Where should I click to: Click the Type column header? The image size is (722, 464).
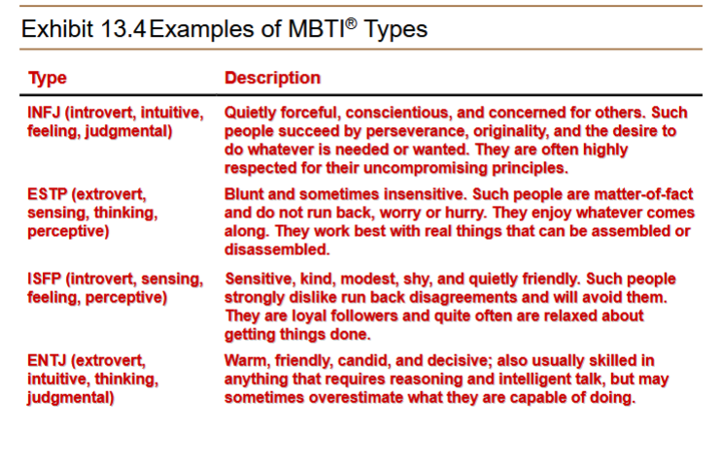[x=48, y=78]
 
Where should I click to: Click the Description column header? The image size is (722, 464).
[x=272, y=78]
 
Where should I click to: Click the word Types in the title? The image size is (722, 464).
[x=395, y=29]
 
